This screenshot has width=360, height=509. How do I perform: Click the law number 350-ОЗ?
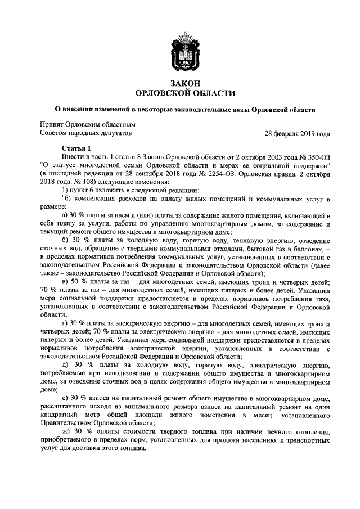pyautogui.click(x=316, y=157)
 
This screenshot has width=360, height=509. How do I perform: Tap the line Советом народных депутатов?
pyautogui.click(x=85, y=134)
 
